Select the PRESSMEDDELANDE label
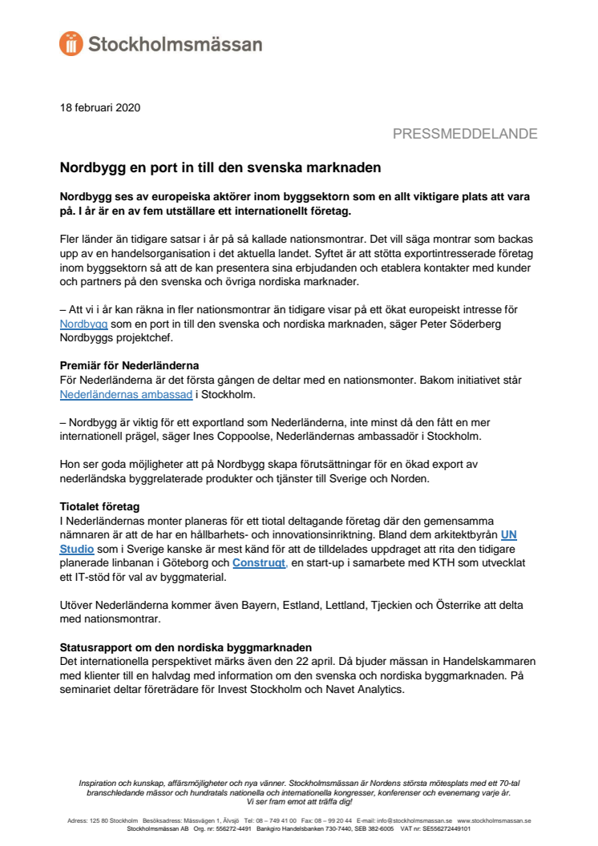[465, 134]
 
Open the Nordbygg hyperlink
[84, 324]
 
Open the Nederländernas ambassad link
[126, 394]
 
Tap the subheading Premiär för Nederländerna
[129, 366]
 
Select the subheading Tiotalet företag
[99, 506]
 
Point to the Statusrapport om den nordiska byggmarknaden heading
[185, 647]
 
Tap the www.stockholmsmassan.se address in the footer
[494, 820]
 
